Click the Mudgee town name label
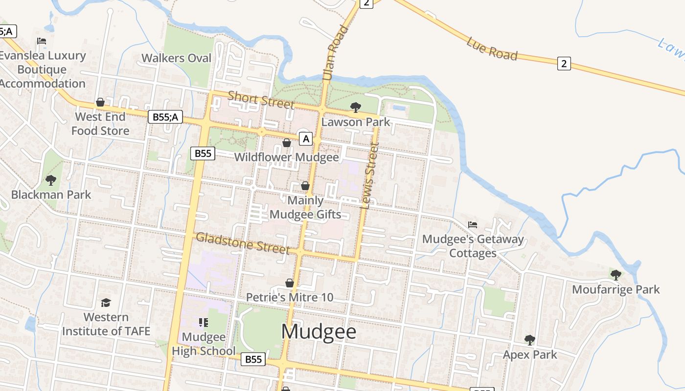point(319,332)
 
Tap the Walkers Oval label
point(176,58)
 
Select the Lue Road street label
point(492,48)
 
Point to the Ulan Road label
point(335,53)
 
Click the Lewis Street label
point(369,175)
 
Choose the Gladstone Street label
point(243,243)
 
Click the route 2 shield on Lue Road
point(564,63)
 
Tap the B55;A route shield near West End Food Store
point(165,116)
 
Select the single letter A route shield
point(306,139)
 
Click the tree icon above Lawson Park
point(356,107)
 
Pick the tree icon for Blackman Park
point(51,180)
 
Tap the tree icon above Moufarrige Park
point(616,275)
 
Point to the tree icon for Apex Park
point(529,340)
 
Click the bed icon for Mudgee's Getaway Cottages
point(472,225)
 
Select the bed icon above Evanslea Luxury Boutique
point(42,41)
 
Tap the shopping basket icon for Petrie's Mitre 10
point(290,283)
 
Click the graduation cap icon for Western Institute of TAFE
point(106,303)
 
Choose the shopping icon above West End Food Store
point(100,102)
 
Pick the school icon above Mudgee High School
point(204,323)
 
